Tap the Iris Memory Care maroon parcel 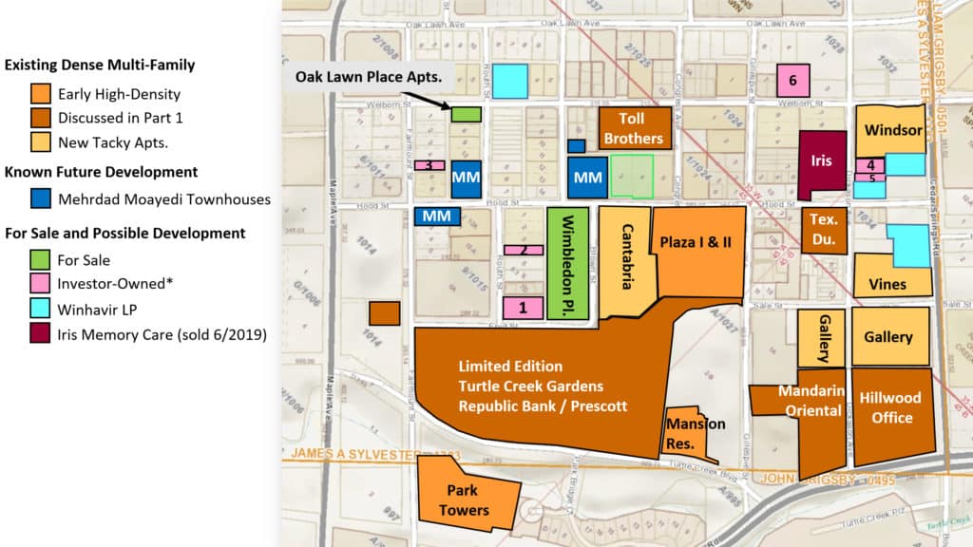pyautogui.click(x=821, y=161)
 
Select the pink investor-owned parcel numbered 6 pyautogui.click(x=792, y=80)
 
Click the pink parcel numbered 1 pyautogui.click(x=524, y=307)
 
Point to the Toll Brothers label pyautogui.click(x=634, y=128)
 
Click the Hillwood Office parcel pyautogui.click(x=892, y=408)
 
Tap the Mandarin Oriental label pyautogui.click(x=811, y=401)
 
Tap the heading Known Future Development pyautogui.click(x=101, y=172)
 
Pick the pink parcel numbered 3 pyautogui.click(x=429, y=165)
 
